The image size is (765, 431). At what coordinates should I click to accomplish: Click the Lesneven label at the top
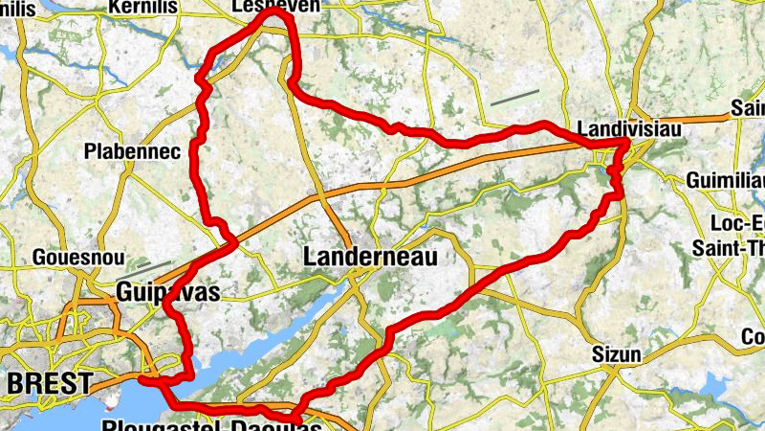coord(276,6)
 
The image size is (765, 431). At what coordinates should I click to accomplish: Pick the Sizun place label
coord(615,354)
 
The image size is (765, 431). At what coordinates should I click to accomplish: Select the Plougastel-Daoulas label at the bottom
coord(210,424)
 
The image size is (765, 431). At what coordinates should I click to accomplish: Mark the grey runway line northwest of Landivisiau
coord(514,97)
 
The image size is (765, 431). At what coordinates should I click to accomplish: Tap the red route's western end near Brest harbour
coord(142,379)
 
